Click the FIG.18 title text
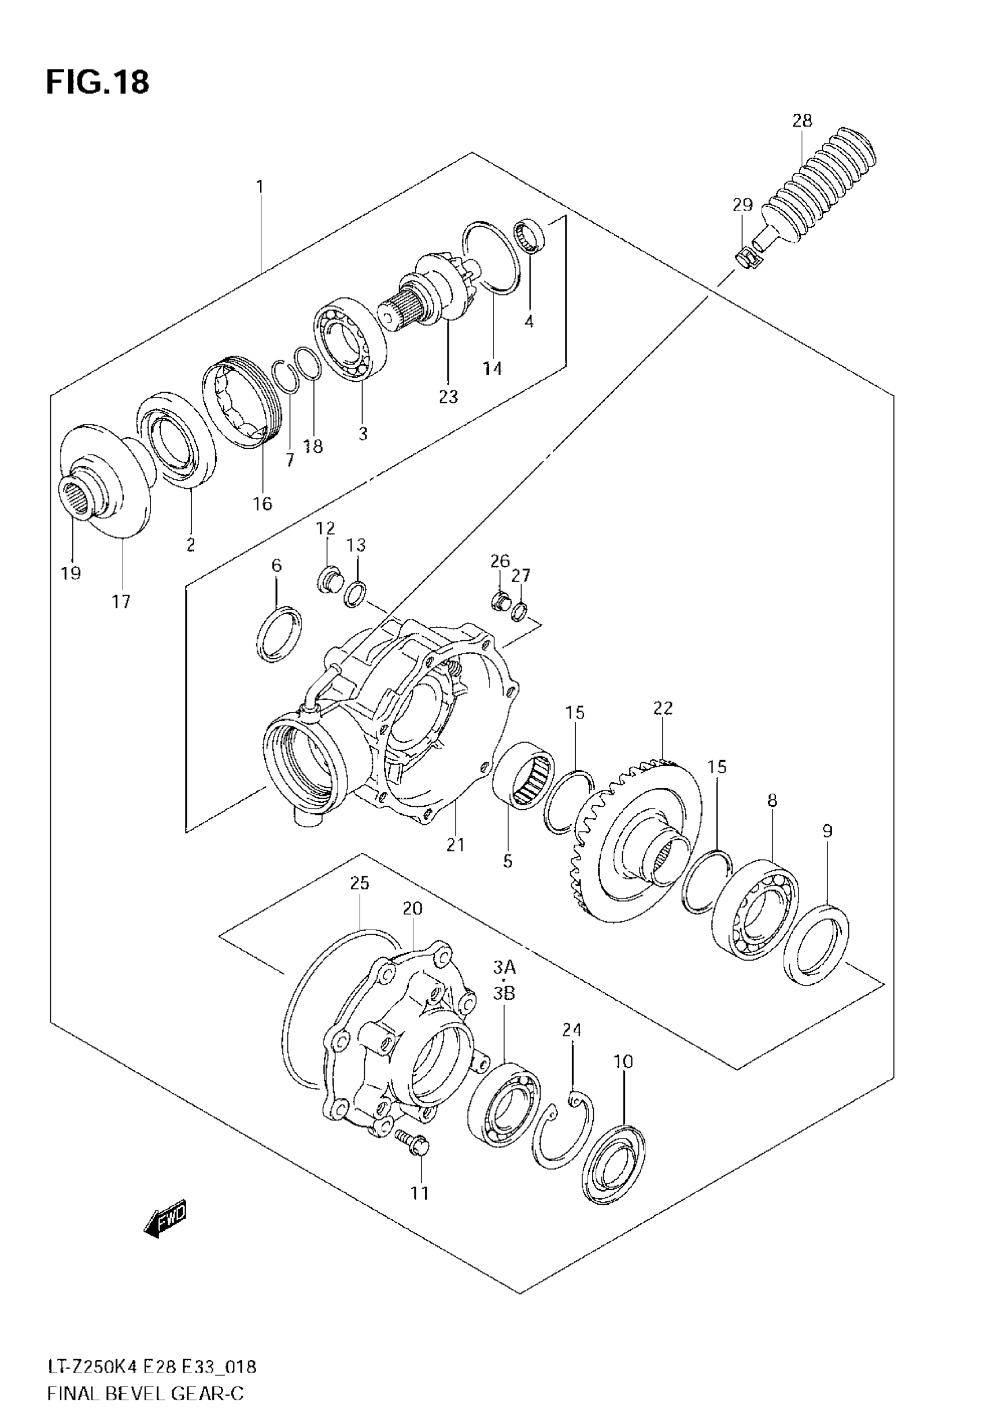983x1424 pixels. click(97, 82)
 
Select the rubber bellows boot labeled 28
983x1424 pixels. click(819, 186)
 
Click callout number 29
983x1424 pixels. click(742, 205)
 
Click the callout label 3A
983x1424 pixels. click(504, 968)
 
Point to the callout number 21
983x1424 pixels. click(455, 845)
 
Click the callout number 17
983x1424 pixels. click(121, 601)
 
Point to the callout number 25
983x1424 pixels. click(360, 883)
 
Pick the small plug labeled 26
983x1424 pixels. click(500, 600)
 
